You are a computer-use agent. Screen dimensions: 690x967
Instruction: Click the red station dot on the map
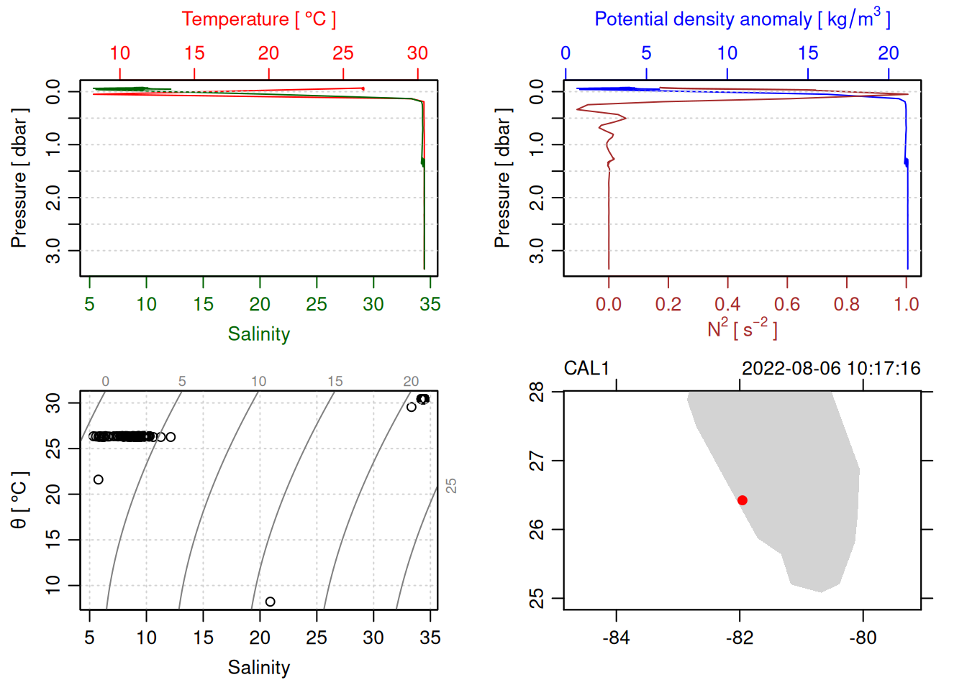coord(743,500)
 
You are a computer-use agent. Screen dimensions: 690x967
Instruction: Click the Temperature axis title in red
coord(258,19)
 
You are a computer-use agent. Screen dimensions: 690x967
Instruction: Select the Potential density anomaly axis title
coord(742,19)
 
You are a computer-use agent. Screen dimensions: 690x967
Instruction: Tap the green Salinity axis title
coord(259,334)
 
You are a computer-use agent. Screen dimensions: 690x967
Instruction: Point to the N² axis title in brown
coord(742,328)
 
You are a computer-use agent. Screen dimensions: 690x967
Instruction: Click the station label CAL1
coord(586,369)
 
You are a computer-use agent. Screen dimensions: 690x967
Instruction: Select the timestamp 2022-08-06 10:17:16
coord(831,369)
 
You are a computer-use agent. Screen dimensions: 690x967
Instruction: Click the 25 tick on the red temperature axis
coord(343,53)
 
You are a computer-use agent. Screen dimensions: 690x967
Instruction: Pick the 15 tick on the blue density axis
coord(808,53)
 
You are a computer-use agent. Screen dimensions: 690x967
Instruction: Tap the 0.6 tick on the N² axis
coord(787,304)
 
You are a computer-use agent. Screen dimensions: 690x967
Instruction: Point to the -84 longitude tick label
coord(616,638)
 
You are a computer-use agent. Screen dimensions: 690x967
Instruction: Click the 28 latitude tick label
coord(537,392)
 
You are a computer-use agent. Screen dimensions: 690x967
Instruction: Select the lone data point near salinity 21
coord(270,602)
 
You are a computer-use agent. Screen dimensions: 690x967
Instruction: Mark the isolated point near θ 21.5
coord(99,479)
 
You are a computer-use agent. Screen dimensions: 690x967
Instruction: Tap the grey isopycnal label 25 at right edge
coord(451,486)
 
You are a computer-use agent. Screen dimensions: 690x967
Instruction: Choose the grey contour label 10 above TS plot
coord(259,382)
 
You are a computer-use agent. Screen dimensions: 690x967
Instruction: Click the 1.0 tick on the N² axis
coord(907,304)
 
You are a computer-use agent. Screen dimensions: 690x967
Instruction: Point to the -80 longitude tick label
coord(863,638)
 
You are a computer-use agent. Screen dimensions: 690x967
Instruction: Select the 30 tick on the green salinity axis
coord(373,304)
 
